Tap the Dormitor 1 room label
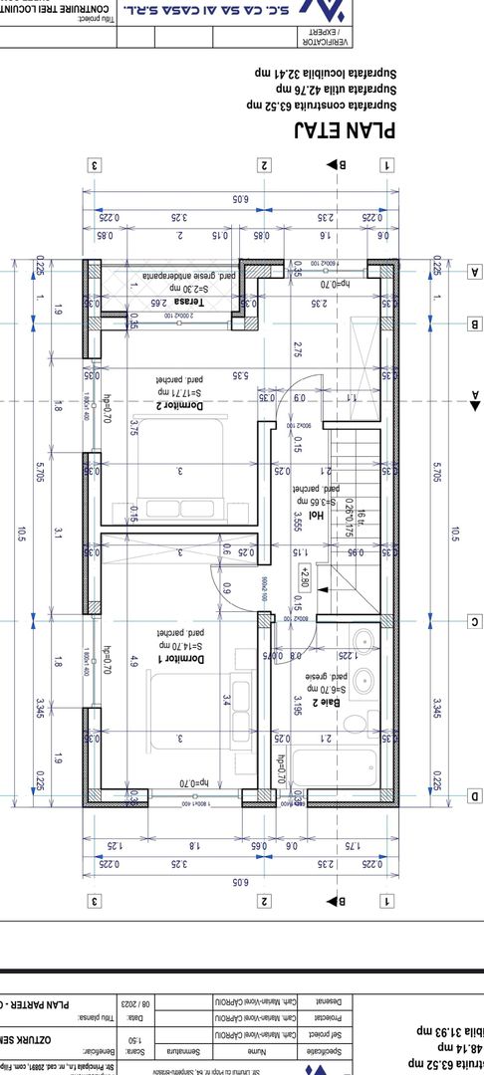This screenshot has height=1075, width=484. tap(179, 660)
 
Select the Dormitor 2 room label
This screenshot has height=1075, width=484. tap(178, 405)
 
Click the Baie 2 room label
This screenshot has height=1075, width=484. tap(325, 702)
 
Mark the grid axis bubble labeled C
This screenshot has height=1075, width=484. tap(474, 622)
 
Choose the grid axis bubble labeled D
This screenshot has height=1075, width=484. tap(474, 795)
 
